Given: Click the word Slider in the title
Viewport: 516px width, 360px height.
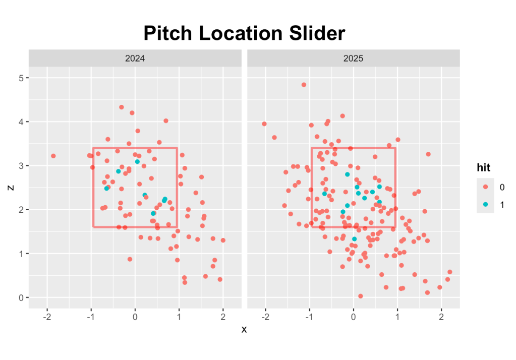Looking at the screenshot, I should pyautogui.click(x=317, y=33).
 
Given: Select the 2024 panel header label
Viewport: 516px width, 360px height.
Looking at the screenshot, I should pyautogui.click(x=135, y=58).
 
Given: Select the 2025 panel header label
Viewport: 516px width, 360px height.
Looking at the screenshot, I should pyautogui.click(x=353, y=58).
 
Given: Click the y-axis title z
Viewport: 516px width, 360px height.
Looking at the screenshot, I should pyautogui.click(x=10, y=188).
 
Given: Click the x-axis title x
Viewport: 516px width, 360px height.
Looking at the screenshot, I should pyautogui.click(x=244, y=329).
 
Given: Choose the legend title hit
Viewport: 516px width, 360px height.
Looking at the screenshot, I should pyautogui.click(x=484, y=166).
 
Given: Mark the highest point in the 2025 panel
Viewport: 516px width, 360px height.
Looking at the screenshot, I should pyautogui.click(x=304, y=85).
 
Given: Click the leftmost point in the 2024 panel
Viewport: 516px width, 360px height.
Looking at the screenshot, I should pyautogui.click(x=53, y=156).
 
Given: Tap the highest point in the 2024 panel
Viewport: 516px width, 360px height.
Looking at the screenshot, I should pyautogui.click(x=122, y=107).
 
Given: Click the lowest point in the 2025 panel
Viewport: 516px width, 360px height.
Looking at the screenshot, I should pyautogui.click(x=360, y=296).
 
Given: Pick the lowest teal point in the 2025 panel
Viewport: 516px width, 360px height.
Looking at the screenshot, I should pyautogui.click(x=354, y=239).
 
